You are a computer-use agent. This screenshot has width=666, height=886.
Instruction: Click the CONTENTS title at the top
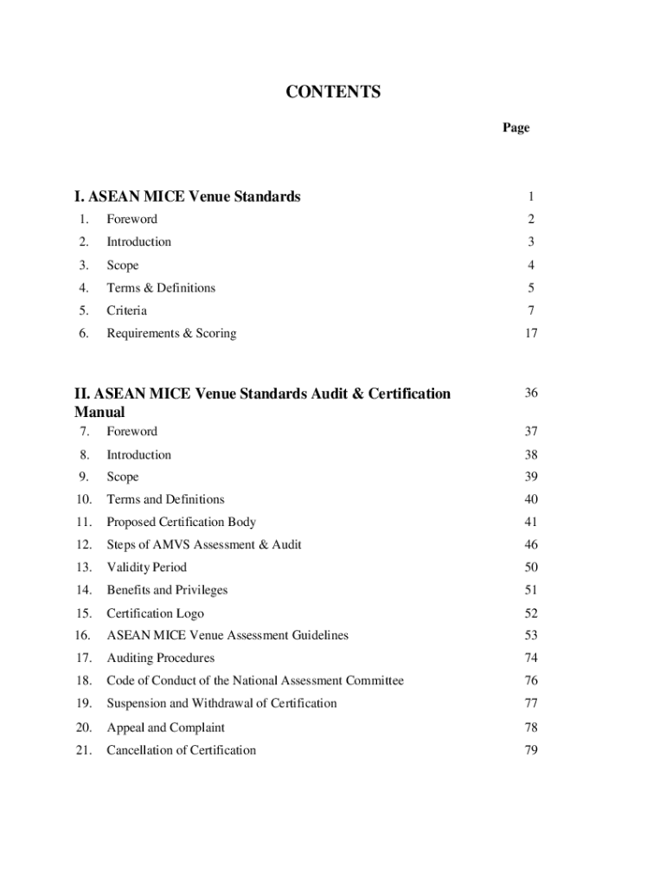tap(333, 92)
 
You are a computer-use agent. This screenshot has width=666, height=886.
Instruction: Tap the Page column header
tap(516, 128)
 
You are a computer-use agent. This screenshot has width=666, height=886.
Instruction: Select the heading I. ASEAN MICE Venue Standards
tap(188, 196)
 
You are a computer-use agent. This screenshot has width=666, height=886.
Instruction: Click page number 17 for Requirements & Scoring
tap(530, 333)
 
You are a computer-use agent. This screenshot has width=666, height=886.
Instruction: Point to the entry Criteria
tap(126, 311)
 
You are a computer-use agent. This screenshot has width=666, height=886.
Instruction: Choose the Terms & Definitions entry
tap(161, 288)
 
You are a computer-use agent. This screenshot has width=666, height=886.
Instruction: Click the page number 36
tap(530, 393)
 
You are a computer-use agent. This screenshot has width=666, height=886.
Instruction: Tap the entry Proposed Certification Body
tap(181, 522)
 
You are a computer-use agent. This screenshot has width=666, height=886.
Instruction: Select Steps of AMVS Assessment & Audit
tap(204, 545)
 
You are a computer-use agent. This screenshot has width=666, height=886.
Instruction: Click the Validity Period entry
tap(146, 568)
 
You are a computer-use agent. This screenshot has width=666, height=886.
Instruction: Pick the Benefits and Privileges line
tap(167, 590)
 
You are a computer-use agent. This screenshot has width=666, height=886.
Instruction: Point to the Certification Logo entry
tap(155, 613)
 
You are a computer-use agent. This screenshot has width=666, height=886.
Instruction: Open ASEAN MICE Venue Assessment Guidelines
tap(227, 635)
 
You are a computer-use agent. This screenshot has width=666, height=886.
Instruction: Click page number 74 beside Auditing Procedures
tap(530, 658)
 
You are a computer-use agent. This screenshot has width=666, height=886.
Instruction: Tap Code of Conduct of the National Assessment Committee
tap(255, 681)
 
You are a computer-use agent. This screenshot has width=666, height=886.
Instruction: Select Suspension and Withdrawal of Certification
tap(221, 703)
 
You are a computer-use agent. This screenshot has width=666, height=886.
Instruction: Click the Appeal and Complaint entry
tap(165, 728)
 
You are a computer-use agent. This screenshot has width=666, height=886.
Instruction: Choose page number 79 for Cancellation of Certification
tap(530, 750)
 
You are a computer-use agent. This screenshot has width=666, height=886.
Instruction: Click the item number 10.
tap(84, 499)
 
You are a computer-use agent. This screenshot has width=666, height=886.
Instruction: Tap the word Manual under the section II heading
tap(99, 412)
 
